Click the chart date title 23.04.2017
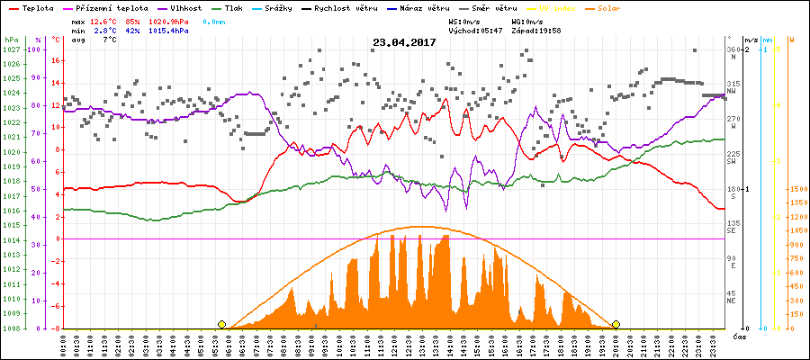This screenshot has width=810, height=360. click(404, 42)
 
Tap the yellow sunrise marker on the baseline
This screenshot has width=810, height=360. click(221, 324)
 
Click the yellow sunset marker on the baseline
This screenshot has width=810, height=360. click(616, 324)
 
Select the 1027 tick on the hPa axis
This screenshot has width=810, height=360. click(11, 49)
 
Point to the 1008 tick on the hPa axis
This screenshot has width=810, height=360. click(11, 328)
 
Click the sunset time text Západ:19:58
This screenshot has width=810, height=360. click(536, 30)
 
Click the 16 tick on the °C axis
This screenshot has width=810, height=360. click(56, 60)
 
